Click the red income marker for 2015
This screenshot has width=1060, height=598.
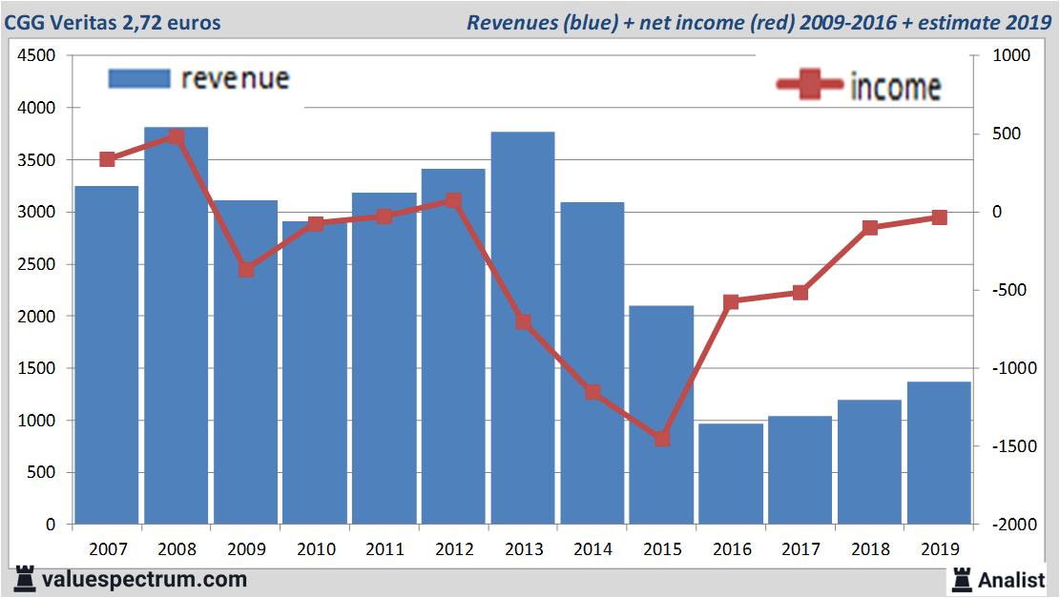tap(662, 439)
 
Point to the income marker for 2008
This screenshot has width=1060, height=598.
tap(176, 136)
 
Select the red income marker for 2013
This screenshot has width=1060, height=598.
tap(524, 322)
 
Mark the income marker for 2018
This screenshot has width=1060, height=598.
tap(870, 228)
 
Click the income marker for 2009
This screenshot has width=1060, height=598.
tap(246, 269)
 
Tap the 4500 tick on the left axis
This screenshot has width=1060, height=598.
tap(37, 56)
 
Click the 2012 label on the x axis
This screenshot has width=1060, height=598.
tap(454, 549)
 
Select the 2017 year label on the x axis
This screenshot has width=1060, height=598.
tap(800, 549)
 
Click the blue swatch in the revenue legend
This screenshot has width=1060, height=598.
tap(139, 78)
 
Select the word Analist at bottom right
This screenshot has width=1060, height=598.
tap(1011, 579)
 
